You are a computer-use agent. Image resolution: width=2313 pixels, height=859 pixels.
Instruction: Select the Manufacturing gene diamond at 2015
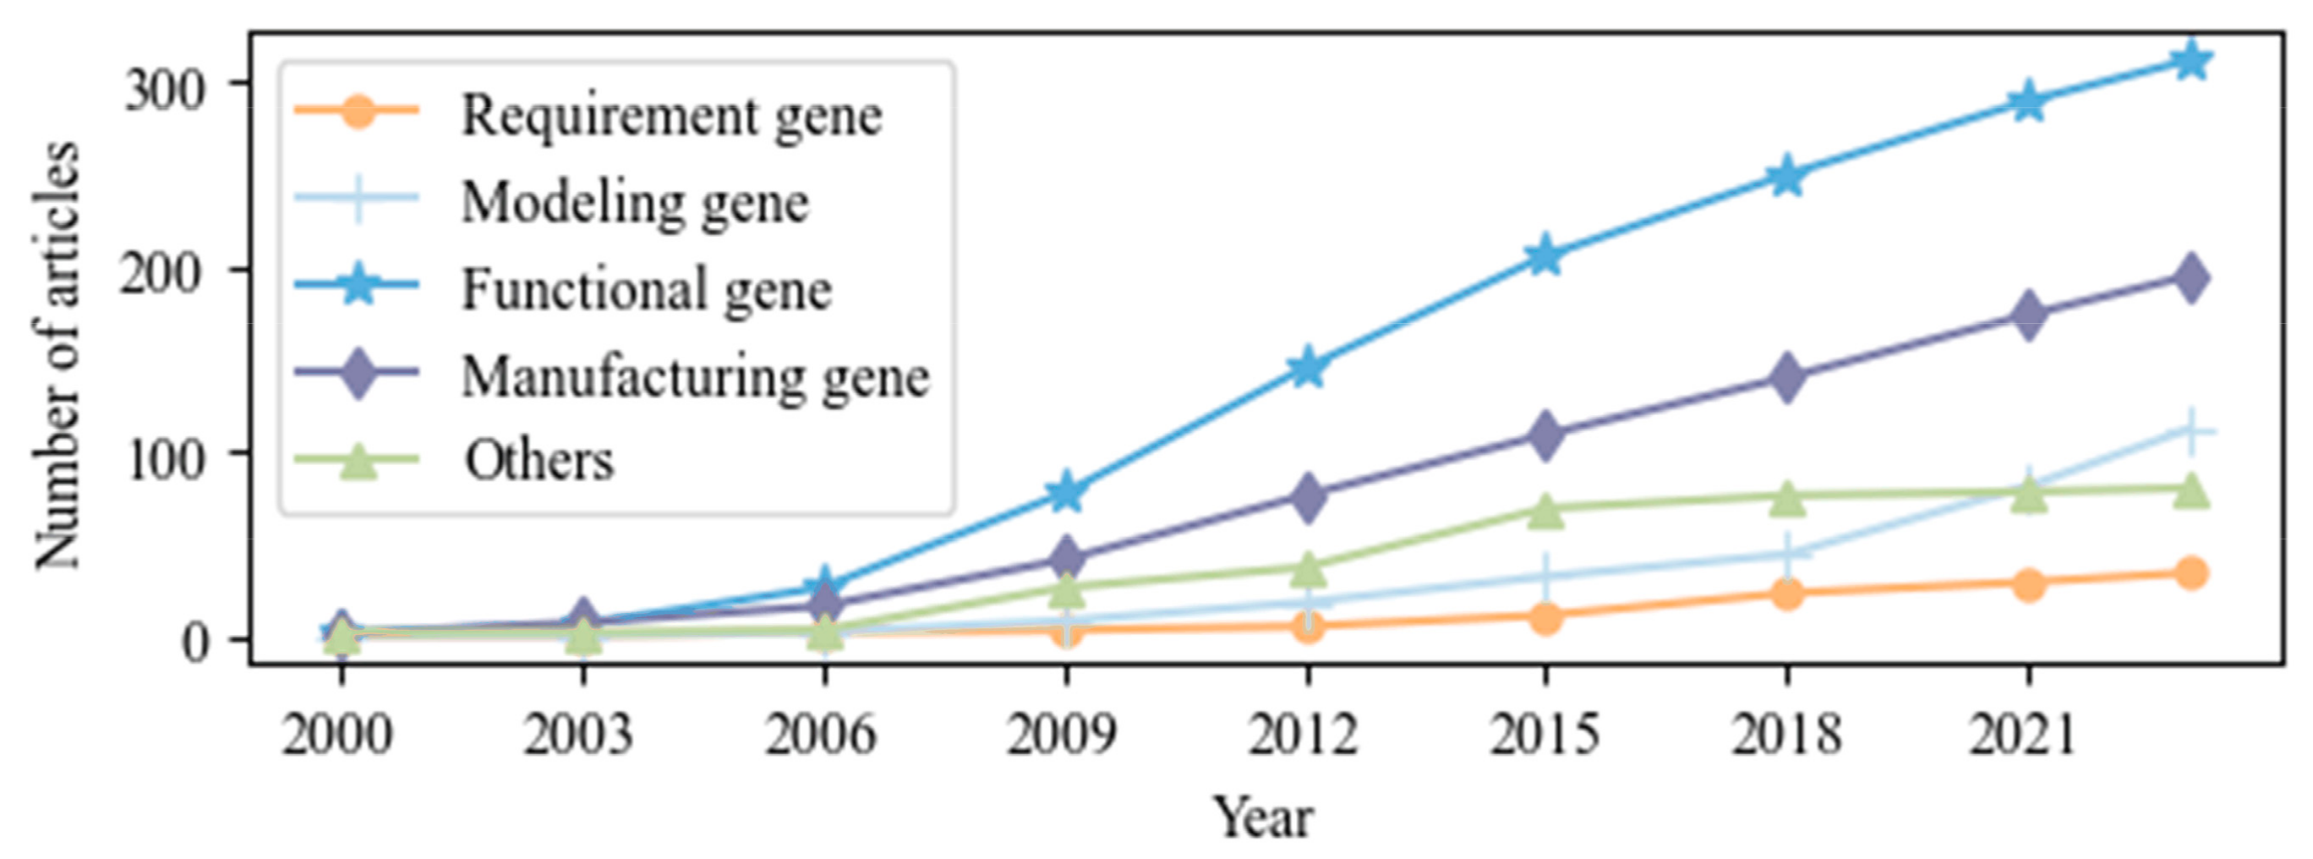click(x=1545, y=435)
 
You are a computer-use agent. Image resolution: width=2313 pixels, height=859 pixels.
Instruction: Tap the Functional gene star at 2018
click(x=1787, y=177)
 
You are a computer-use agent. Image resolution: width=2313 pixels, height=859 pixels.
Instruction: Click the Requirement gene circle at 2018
click(x=1787, y=594)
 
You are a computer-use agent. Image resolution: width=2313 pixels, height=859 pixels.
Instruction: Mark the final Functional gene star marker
click(x=2191, y=61)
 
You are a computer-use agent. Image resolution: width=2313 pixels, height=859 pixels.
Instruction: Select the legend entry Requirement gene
click(x=670, y=115)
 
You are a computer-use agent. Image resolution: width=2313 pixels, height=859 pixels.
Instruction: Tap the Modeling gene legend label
click(x=634, y=202)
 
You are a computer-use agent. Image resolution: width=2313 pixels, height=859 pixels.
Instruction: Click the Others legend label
click(x=539, y=461)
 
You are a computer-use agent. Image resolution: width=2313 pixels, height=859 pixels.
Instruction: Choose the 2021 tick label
click(x=2023, y=734)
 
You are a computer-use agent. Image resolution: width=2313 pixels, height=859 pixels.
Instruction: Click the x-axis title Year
click(x=1262, y=818)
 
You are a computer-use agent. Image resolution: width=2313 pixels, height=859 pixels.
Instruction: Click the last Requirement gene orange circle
click(x=2191, y=572)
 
